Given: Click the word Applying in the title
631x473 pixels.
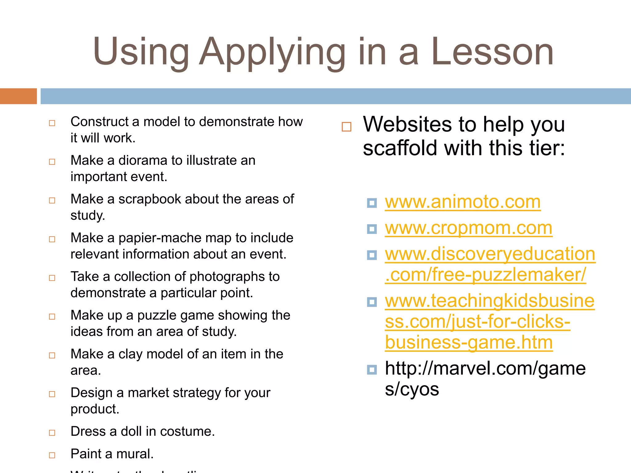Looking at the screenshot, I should coord(272,52).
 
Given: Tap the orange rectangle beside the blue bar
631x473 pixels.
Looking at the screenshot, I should coord(18,96).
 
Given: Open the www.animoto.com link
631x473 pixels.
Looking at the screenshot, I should coord(462,202).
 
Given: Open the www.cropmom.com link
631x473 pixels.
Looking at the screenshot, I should coord(468,228).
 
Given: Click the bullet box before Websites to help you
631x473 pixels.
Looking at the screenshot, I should coord(346,127).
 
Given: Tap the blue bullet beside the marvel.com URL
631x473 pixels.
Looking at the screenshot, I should coord(372,370).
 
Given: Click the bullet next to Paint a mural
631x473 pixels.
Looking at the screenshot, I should coord(52,455).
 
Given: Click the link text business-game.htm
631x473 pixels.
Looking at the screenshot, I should coord(469,343).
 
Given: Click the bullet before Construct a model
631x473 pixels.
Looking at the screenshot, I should coord(52,123).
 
